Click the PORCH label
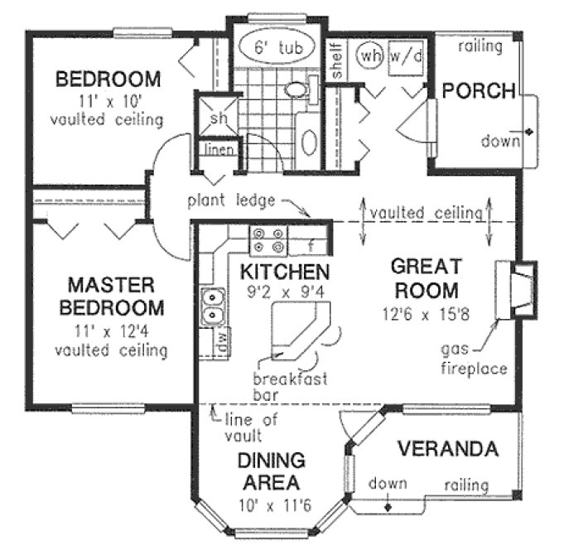[x=479, y=90]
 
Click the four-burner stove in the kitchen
[x=269, y=240]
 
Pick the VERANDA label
[x=447, y=450]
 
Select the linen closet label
[x=219, y=150]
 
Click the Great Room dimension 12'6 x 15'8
[x=425, y=315]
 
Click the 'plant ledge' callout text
[x=225, y=200]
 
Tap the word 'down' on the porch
[x=499, y=141]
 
